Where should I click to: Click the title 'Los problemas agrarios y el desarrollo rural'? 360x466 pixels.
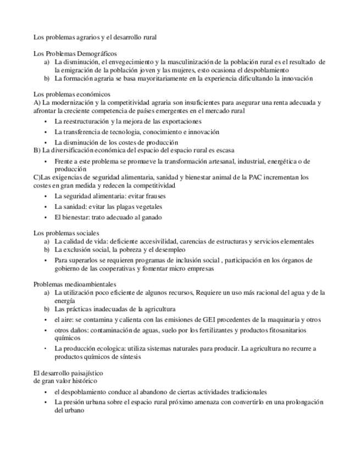[x=95, y=37]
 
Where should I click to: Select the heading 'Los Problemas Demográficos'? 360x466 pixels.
[x=75, y=54]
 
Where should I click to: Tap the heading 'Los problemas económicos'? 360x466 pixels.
[x=71, y=95]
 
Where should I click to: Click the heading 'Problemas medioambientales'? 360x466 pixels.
[x=75, y=284]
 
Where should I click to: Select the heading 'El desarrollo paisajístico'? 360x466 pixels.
[x=68, y=373]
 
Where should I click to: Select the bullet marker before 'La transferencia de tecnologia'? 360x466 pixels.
[x=46, y=132]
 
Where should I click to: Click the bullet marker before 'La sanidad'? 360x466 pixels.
[x=46, y=207]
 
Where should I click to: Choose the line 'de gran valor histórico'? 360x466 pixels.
[x=65, y=380]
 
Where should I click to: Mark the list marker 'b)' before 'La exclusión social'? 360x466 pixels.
[x=47, y=249]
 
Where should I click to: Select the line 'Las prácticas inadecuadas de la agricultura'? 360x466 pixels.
[x=115, y=309]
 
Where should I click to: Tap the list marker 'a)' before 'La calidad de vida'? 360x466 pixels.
[x=47, y=241]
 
